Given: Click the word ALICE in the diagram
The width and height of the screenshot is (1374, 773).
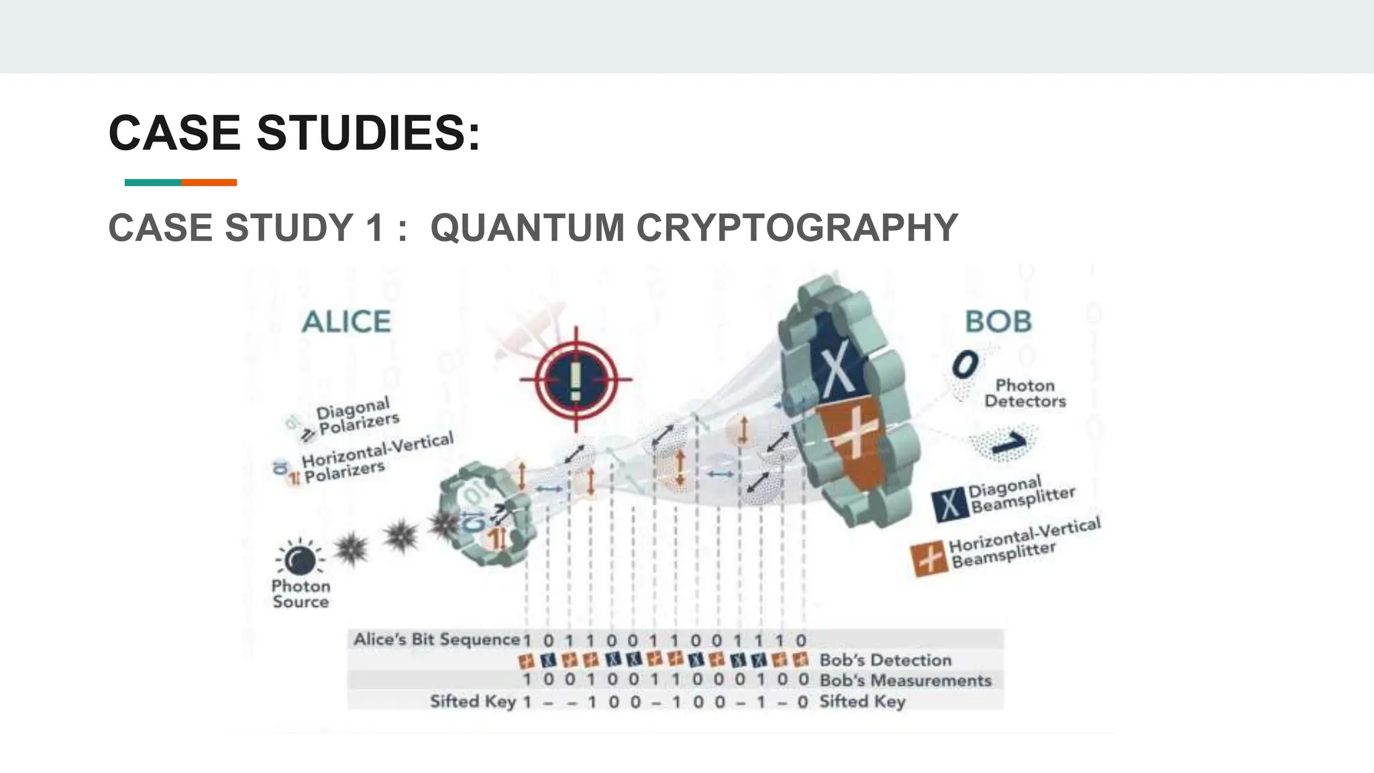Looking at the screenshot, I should pos(346,321).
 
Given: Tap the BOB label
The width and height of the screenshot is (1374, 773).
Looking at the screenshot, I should pos(998,321).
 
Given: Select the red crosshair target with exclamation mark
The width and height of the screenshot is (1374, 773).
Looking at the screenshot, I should pos(576,379).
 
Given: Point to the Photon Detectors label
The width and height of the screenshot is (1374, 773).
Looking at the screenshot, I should pos(1024,393).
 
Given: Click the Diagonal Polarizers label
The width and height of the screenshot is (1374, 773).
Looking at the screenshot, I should pos(358,415).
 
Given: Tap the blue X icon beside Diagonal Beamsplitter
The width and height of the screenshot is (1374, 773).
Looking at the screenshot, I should pos(949,505).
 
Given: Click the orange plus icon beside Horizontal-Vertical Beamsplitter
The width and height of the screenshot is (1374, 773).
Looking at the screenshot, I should pos(929,559).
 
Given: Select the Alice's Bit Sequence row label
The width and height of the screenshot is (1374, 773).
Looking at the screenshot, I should pos(437,639).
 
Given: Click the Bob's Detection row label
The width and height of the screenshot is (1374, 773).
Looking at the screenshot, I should pos(886,660).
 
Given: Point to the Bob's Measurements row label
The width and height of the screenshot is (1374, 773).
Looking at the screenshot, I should pos(906,680).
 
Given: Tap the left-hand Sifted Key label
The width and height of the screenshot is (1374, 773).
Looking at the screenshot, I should pos(473,701).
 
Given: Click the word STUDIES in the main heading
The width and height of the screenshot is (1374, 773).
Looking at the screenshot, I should pos(368,133).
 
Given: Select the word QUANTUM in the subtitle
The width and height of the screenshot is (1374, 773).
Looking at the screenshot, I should pos(527,227).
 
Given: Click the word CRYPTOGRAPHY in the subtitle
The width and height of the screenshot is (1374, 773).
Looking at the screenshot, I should pos(797,227).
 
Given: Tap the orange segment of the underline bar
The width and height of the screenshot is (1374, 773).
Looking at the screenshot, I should pos(209,183).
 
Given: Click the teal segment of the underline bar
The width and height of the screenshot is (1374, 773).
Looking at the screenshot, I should pos(153,183).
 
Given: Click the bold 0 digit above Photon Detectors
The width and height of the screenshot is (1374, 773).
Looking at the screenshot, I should pos(965,366).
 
